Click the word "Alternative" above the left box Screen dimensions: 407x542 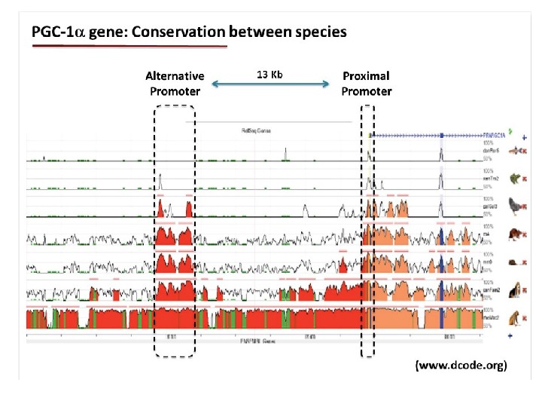[x=175, y=76]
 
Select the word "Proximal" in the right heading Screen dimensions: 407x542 [x=366, y=76]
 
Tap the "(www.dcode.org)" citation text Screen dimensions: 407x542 [x=461, y=366]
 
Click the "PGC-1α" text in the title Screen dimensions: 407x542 [x=56, y=32]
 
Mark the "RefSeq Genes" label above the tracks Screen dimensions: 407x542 [x=250, y=130]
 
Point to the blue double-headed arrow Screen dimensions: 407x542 [x=271, y=87]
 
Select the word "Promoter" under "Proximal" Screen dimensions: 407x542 [x=366, y=91]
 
